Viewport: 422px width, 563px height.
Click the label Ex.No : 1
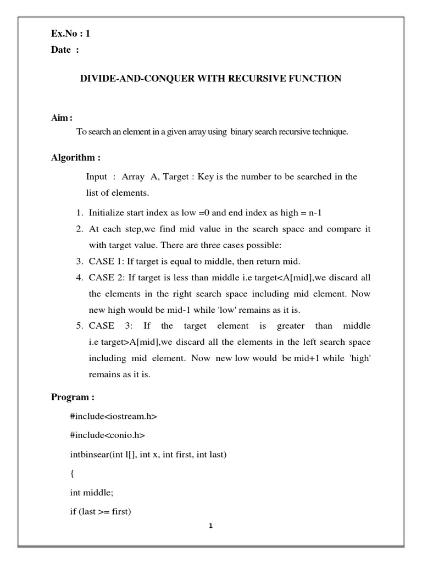click(x=70, y=34)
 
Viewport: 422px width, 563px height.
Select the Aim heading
click(x=62, y=118)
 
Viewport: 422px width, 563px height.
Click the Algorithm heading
click(x=76, y=158)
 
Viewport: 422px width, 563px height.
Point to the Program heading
click(x=73, y=397)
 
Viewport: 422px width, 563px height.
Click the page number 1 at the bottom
click(x=210, y=526)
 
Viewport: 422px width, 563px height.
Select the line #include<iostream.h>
click(x=113, y=416)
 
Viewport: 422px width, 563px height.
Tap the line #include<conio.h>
click(x=107, y=435)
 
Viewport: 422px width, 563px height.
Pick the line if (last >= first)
click(x=100, y=512)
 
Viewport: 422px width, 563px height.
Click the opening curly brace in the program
click(x=72, y=474)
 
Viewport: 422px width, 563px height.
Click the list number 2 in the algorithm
click(x=79, y=229)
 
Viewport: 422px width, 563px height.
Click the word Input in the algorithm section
click(x=97, y=176)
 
